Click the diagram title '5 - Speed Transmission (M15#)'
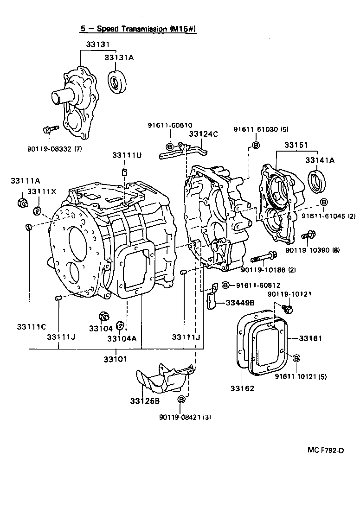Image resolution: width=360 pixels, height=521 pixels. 139,29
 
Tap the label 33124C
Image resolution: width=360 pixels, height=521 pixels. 203,134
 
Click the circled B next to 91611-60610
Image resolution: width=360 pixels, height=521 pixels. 169,147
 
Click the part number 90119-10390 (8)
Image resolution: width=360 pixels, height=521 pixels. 312,250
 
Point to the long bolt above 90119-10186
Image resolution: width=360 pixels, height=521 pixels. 264,257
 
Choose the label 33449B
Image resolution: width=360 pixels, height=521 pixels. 240,303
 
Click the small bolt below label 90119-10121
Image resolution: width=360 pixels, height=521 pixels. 288,309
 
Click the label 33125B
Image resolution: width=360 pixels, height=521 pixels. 145,400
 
